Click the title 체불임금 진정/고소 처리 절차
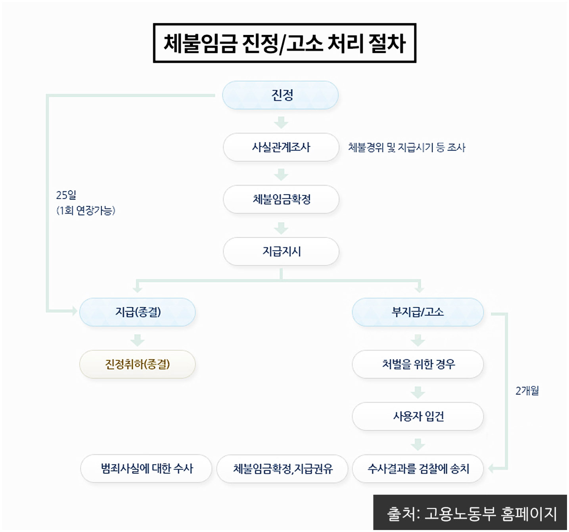(284, 43)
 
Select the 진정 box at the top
(280, 95)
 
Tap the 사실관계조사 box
(281, 147)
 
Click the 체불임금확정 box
(281, 199)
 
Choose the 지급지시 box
(281, 251)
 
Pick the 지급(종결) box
(138, 312)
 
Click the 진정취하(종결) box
(138, 364)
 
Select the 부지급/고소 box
(418, 312)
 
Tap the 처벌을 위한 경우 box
(418, 364)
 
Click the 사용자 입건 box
(418, 416)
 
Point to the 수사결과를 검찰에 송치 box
(418, 469)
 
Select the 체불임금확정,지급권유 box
(282, 469)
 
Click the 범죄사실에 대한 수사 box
(146, 469)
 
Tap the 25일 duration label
(66, 195)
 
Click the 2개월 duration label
(527, 391)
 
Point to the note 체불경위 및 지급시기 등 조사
(406, 148)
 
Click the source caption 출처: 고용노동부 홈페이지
(471, 514)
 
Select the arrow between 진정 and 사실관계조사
(281, 122)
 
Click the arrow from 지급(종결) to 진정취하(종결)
(138, 340)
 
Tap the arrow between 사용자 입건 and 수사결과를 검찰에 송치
(418, 444)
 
